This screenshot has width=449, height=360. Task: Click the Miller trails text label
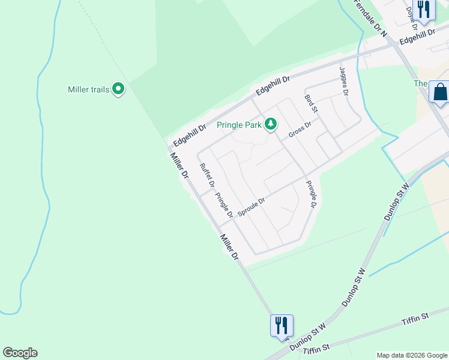[88, 90]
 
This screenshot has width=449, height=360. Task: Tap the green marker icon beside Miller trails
[119, 90]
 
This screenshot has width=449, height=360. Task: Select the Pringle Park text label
[239, 125]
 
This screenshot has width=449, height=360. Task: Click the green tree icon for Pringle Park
[271, 124]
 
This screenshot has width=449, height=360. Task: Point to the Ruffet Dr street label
[207, 176]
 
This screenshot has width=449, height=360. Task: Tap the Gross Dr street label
[300, 130]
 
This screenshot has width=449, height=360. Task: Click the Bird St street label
[310, 104]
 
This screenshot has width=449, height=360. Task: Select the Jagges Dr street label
[344, 82]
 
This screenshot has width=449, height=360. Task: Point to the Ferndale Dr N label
[371, 16]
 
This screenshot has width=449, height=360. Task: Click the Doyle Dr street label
[412, 19]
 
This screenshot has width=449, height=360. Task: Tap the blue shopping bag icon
[440, 92]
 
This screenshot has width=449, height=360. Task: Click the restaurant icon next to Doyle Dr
[424, 9]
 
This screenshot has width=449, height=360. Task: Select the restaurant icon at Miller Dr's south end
[282, 325]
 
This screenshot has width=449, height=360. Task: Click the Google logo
[20, 353]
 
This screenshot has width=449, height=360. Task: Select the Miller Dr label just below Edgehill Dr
[179, 167]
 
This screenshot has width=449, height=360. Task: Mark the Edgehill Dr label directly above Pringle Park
[273, 86]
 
